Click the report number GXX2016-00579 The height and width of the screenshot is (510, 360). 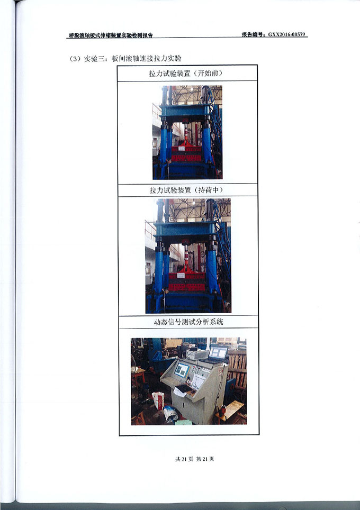click(287, 34)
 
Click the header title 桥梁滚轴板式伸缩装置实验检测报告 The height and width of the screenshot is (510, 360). click(111, 35)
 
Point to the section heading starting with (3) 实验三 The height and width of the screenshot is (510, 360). click(125, 59)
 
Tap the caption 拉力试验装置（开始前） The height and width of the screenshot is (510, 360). click(186, 73)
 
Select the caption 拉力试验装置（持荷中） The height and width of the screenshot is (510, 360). click(186, 190)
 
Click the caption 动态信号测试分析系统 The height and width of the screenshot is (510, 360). click(188, 322)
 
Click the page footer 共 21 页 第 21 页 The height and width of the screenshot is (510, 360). click(195, 459)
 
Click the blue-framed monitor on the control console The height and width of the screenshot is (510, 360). click(182, 370)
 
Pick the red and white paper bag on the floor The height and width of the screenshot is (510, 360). click(158, 400)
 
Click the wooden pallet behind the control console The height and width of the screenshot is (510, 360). click(237, 368)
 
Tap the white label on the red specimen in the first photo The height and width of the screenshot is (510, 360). click(181, 148)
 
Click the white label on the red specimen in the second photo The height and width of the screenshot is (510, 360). click(181, 275)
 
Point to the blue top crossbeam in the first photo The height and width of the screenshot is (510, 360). click(184, 111)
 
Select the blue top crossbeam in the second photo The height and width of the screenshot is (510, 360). click(185, 229)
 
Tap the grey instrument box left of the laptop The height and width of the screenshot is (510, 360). click(197, 355)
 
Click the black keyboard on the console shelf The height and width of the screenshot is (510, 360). click(183, 388)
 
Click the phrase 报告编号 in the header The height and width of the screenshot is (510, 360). click(253, 34)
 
